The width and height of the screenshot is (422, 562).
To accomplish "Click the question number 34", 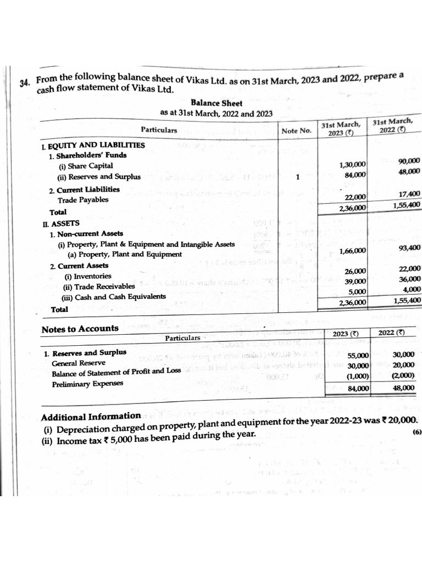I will point(24,83).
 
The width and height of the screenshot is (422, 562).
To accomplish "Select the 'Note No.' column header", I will point(296,131).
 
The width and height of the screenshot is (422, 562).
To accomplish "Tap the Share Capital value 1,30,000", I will point(353,165).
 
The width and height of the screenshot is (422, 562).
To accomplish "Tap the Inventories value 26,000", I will point(355,271).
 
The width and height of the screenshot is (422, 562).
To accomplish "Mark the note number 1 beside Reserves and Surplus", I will point(297,177).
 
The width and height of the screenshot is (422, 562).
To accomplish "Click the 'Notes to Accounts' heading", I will point(80,329).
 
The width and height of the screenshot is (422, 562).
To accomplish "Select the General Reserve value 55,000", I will point(358,355).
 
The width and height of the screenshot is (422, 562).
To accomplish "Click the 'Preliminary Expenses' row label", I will point(87,384).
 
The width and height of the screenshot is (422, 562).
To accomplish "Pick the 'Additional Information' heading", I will point(91,416).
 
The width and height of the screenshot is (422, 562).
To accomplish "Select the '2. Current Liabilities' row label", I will point(84,189).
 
